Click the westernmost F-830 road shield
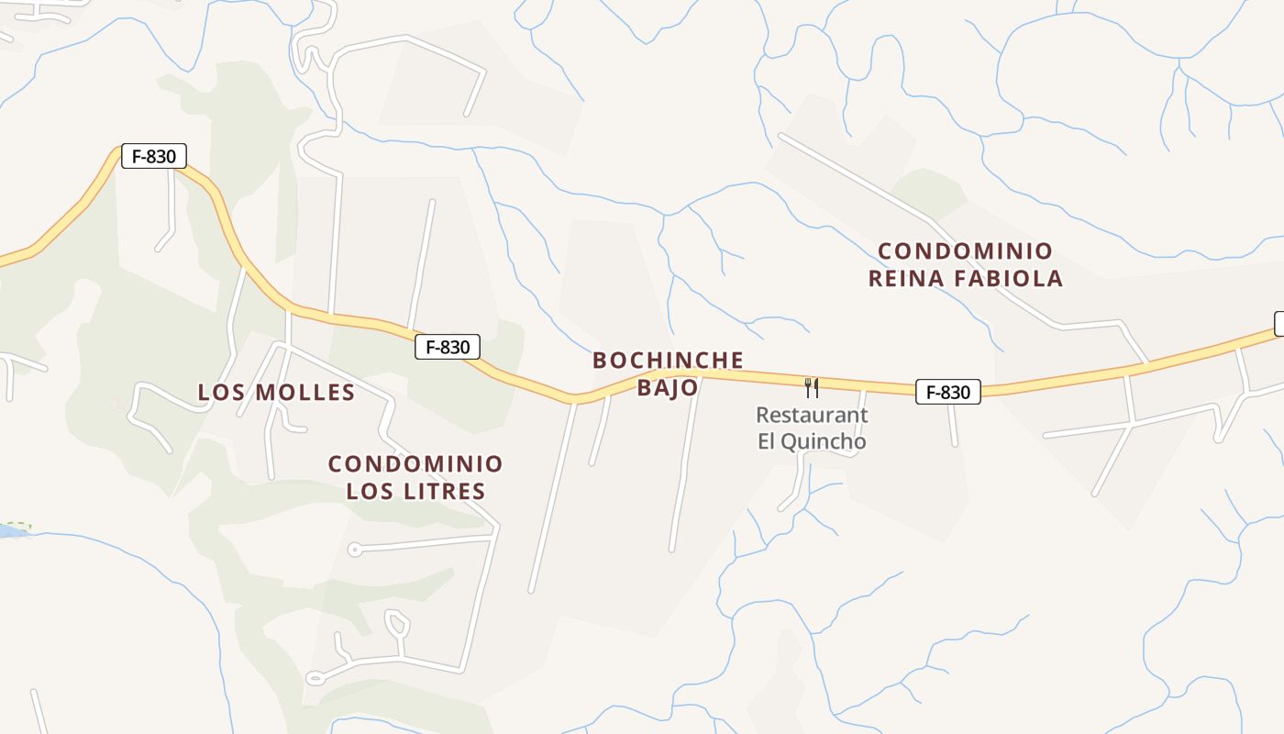point(154,156)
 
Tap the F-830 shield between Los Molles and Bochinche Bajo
point(448,347)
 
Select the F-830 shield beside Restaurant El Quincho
point(947,392)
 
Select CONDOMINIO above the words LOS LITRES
point(415,463)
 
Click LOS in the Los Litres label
point(367,491)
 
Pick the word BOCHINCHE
point(668,360)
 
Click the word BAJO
point(668,387)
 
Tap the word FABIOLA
point(1013,278)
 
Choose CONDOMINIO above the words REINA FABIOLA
point(965,250)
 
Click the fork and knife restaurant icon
point(812,388)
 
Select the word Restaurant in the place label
point(812,415)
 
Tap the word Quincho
point(825,441)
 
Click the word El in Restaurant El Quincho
point(768,441)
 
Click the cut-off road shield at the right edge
point(1278,323)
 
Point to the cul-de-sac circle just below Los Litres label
point(354,550)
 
